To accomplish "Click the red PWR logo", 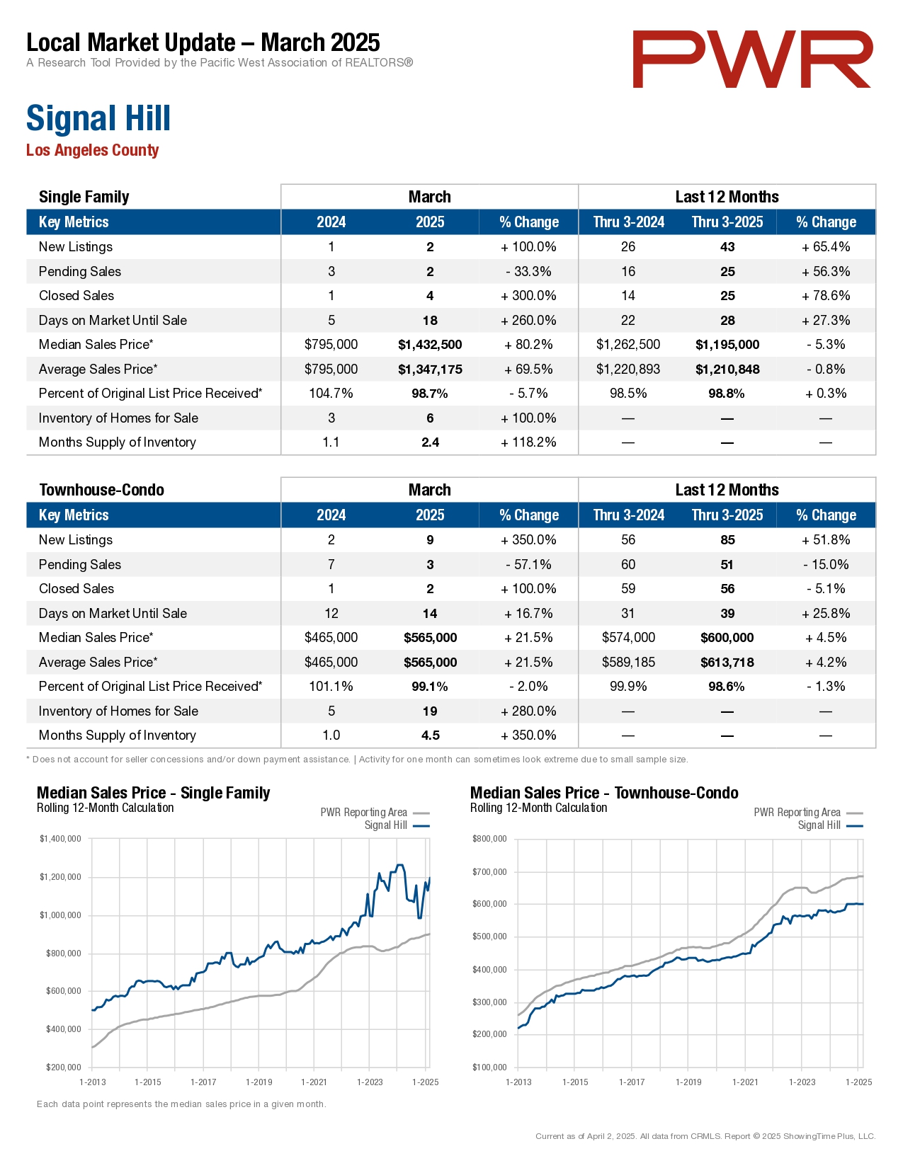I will [x=752, y=59].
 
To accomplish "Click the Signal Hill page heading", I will [x=98, y=118].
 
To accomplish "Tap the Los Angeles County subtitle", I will [x=92, y=150].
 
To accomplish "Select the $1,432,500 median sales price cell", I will [x=430, y=345].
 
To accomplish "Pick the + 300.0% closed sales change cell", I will [x=528, y=296].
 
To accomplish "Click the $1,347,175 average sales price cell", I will [x=430, y=370].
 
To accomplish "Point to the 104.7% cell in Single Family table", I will [x=331, y=394].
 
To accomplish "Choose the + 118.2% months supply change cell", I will [x=528, y=442].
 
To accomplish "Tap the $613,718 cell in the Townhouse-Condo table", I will [x=727, y=663].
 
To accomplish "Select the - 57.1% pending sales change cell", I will [x=528, y=565].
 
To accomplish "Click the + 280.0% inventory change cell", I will [x=528, y=711].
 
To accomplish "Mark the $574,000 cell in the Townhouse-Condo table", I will [x=628, y=638].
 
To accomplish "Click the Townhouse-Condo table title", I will [x=101, y=490].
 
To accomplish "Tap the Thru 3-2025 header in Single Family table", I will [x=727, y=222].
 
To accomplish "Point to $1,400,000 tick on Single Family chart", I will [x=60, y=839].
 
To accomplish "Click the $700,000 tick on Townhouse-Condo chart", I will [x=489, y=872].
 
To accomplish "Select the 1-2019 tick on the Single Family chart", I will [x=259, y=1082].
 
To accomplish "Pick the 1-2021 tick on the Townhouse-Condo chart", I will [x=745, y=1082].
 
